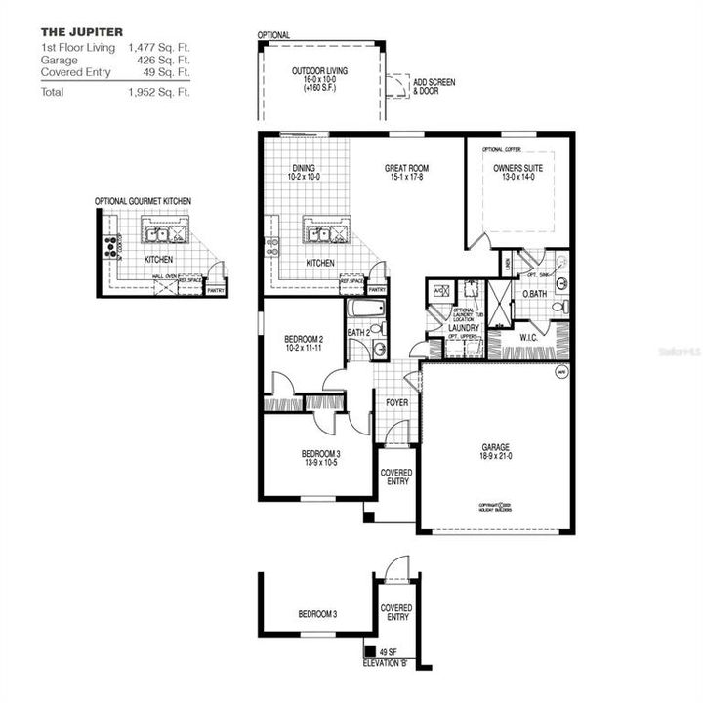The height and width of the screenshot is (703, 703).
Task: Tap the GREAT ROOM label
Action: coord(406,169)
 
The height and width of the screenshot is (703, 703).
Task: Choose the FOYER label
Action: coord(397,402)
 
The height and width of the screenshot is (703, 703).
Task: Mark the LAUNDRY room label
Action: coord(464,329)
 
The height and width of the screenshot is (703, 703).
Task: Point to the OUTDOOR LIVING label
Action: coord(320,72)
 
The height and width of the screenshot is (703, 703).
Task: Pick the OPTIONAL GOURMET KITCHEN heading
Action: coord(143,201)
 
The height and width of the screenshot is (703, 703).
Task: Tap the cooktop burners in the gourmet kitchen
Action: coord(110,245)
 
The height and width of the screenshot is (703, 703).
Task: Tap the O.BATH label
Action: coord(533,294)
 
